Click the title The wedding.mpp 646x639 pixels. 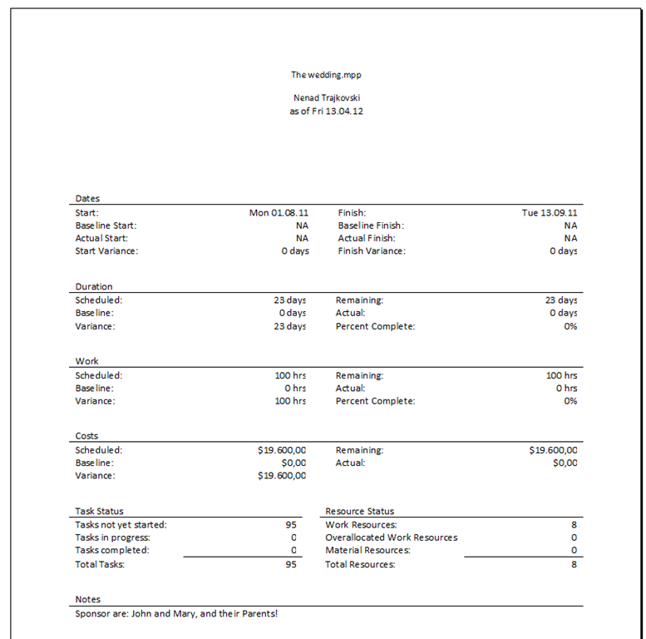click(326, 75)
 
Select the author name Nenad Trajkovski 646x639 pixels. click(326, 97)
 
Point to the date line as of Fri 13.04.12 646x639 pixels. click(326, 111)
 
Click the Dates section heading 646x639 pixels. click(87, 199)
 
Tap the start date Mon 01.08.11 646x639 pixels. click(279, 213)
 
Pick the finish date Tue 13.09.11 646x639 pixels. click(550, 213)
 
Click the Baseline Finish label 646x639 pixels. click(371, 225)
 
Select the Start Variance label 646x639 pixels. click(106, 251)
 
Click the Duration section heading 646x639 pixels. click(94, 287)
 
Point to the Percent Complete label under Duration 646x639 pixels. click(375, 326)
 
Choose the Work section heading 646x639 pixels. click(87, 362)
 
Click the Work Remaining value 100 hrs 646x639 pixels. click(561, 375)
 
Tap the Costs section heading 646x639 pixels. click(87, 437)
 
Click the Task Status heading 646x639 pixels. click(99, 512)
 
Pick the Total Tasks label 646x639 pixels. click(101, 565)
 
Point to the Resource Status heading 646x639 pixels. click(359, 512)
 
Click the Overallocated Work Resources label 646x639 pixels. click(391, 537)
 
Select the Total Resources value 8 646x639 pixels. click(574, 565)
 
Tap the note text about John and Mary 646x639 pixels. click(176, 614)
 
